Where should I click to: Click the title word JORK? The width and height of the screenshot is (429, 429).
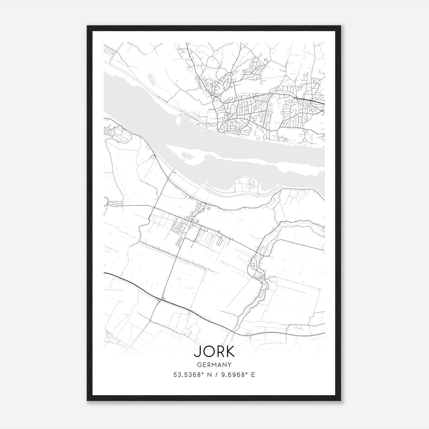214,352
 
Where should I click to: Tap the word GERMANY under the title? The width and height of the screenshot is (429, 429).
214,365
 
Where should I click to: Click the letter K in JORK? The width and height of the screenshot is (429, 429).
230,352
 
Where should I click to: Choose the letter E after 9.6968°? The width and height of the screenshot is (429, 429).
253,375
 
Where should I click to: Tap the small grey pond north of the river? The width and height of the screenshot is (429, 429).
151,78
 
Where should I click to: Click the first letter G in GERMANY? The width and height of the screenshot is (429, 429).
199,365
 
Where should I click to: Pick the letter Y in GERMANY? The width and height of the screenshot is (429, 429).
230,365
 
